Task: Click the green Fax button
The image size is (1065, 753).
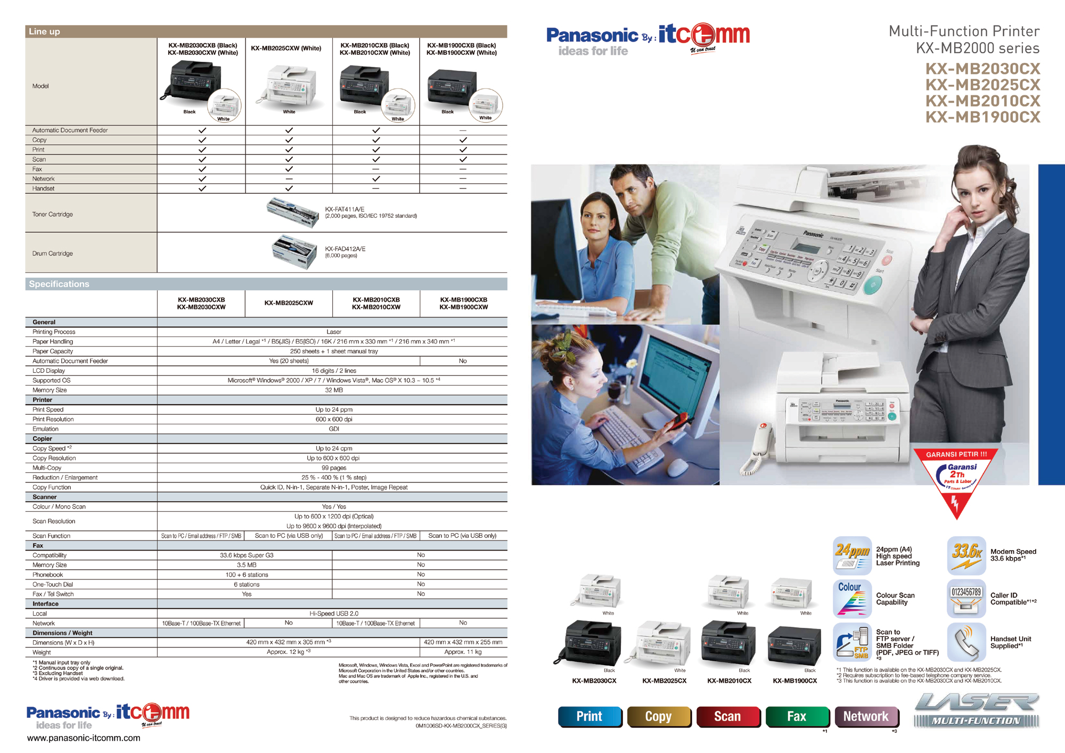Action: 797,717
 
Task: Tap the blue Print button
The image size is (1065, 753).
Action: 589,717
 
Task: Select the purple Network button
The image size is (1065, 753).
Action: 866,717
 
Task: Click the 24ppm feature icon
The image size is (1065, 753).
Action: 852,555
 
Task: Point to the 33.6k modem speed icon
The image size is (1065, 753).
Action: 966,555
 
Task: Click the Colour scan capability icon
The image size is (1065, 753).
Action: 852,599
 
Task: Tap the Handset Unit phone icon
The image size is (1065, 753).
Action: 966,642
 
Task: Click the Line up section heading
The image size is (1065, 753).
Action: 45,31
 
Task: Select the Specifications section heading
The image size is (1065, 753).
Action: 59,284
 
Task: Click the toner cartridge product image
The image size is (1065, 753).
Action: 292,212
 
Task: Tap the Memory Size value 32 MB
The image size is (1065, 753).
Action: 334,390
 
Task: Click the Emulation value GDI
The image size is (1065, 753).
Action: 334,429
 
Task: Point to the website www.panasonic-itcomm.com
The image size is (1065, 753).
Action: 84,738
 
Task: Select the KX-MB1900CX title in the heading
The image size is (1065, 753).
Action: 982,117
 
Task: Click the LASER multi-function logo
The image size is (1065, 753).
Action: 977,710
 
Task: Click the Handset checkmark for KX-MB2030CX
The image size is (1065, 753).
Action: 202,189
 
